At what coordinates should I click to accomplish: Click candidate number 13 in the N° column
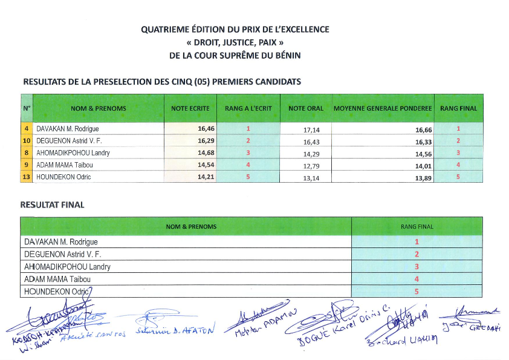click(x=27, y=177)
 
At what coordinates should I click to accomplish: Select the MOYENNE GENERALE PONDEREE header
click(x=383, y=108)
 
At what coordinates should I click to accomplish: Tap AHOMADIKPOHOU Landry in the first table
click(x=73, y=153)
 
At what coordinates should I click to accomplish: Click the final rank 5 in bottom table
click(x=417, y=291)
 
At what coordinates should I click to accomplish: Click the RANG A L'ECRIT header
click(x=248, y=108)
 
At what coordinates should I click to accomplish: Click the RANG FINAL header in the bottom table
click(x=417, y=227)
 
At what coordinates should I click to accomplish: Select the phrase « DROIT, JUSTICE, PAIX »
click(x=235, y=42)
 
